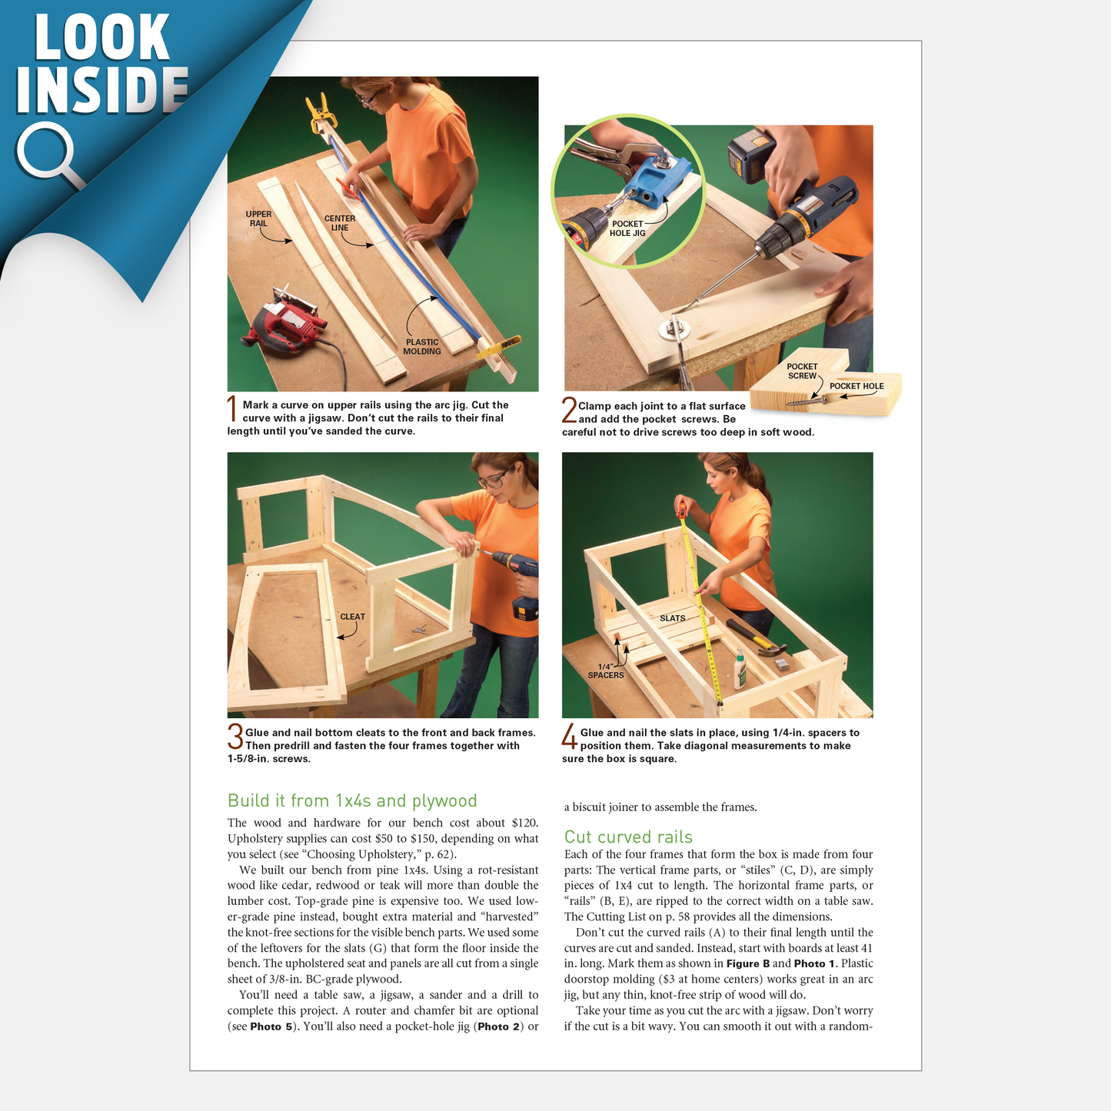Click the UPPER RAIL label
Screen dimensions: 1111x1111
[x=258, y=219]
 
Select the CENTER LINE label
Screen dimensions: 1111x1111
[x=339, y=223]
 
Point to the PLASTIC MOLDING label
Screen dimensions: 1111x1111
[x=422, y=347]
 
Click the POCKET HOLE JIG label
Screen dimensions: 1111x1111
[x=627, y=228]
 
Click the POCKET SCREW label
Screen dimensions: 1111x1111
[x=802, y=371]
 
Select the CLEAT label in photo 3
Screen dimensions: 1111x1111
[x=352, y=617]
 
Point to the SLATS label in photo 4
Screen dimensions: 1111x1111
[x=672, y=618]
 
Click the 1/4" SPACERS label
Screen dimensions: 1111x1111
[x=606, y=671]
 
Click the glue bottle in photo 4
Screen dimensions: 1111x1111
[x=740, y=668]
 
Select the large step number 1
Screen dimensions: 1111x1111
[x=232, y=409]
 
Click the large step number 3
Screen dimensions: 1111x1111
[x=235, y=737]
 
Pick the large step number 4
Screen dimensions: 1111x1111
[x=569, y=737]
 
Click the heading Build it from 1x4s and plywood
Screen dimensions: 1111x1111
[x=352, y=800]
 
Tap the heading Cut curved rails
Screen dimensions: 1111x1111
[x=628, y=837]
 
